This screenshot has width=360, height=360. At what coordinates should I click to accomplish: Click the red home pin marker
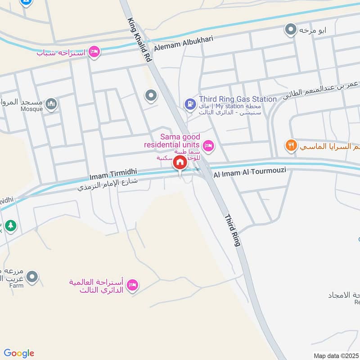click(x=180, y=162)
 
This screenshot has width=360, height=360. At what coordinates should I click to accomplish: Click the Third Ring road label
click(x=233, y=229)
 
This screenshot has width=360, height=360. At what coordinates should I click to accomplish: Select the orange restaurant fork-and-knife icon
click(x=291, y=145)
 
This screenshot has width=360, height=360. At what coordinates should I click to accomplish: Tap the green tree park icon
click(x=11, y=226)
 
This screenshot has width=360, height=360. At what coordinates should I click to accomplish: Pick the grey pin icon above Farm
click(x=31, y=277)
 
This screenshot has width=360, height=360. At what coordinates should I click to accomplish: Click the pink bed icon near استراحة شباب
click(x=94, y=52)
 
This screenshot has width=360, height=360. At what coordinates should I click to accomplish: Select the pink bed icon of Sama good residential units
click(x=208, y=145)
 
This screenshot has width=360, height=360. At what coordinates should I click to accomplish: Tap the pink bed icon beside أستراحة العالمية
click(x=132, y=285)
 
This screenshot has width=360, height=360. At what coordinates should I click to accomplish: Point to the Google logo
click(x=19, y=353)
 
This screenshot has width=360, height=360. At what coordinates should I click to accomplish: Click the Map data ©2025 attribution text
click(x=336, y=355)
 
